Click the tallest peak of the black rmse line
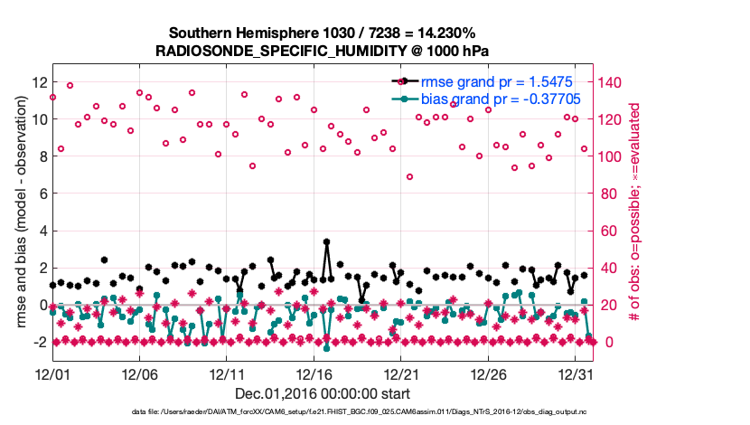[x=326, y=242]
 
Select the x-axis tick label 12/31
[x=576, y=373]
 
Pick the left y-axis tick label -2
[x=37, y=343]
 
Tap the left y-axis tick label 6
[x=41, y=194]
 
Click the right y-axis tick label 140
[x=612, y=81]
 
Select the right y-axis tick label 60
[x=608, y=231]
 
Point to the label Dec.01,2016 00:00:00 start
[x=323, y=393]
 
